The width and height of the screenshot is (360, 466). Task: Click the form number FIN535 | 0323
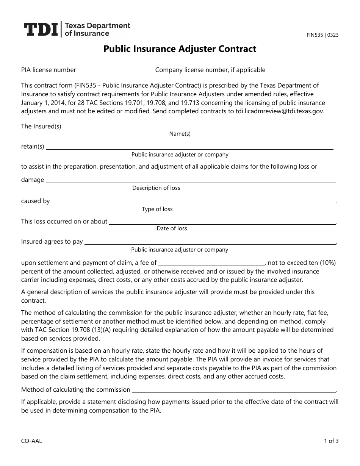(322, 35)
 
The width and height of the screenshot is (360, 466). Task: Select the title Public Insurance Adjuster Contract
(180, 49)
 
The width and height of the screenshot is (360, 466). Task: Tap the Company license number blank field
(303, 70)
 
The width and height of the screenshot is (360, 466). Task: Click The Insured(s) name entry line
(198, 127)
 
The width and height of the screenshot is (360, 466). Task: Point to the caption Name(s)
(180, 134)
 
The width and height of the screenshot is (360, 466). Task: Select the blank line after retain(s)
(189, 147)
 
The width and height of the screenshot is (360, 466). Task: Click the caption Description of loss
(156, 188)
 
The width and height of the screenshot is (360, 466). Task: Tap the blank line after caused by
(194, 202)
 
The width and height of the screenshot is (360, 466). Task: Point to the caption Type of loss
(157, 209)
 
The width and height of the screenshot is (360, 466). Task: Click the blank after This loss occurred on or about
(222, 222)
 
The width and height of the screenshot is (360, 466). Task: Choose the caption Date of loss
(172, 228)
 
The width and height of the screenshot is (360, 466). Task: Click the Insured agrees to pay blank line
(210, 242)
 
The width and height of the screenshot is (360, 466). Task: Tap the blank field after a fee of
(211, 263)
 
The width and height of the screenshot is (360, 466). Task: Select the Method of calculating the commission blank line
(233, 391)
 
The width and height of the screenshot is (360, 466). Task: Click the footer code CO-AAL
(31, 441)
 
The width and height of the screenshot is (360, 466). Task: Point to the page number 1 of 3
(331, 441)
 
